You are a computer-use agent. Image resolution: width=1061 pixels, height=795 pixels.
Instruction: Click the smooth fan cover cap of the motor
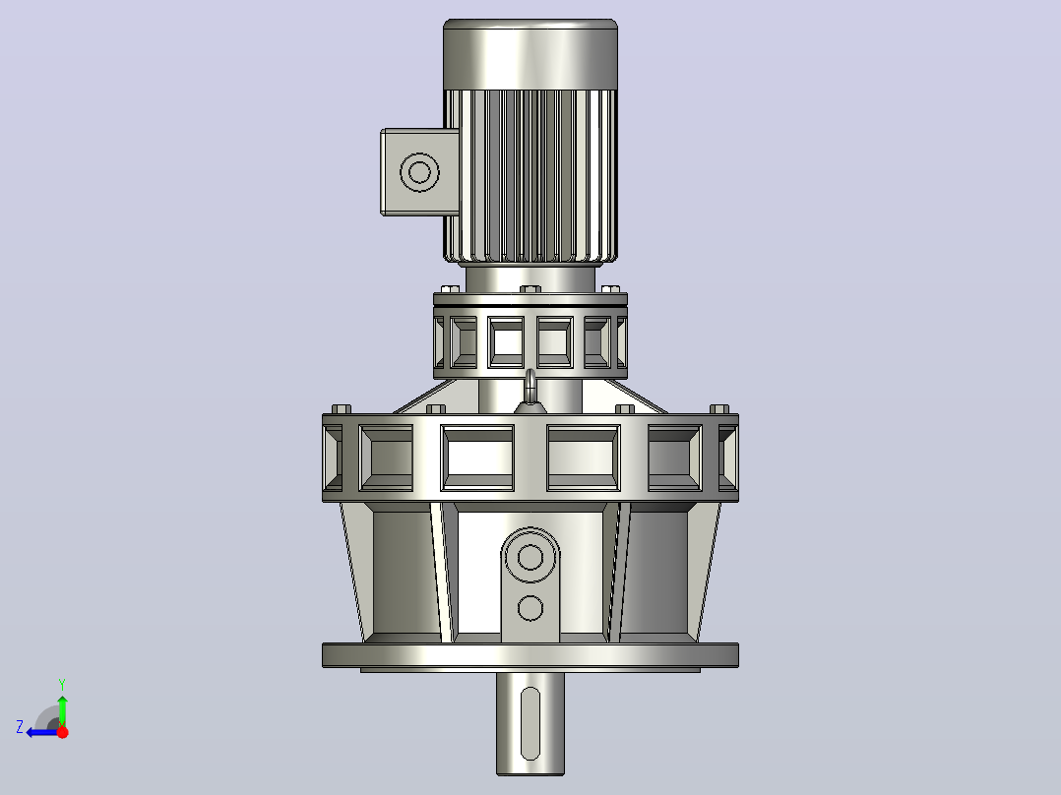click(530, 54)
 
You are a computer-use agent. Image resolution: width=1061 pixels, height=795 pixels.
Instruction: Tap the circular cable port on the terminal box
click(419, 172)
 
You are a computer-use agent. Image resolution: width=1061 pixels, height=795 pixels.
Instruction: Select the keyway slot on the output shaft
click(530, 723)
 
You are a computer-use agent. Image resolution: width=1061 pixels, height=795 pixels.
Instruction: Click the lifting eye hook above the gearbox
click(530, 387)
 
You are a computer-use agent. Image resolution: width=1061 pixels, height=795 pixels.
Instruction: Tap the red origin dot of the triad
click(63, 732)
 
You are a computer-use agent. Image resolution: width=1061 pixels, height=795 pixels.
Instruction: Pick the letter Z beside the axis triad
click(20, 727)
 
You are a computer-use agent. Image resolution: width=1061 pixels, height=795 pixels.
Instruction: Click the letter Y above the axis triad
click(62, 684)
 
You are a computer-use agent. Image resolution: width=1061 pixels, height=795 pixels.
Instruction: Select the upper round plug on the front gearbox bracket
click(530, 557)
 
